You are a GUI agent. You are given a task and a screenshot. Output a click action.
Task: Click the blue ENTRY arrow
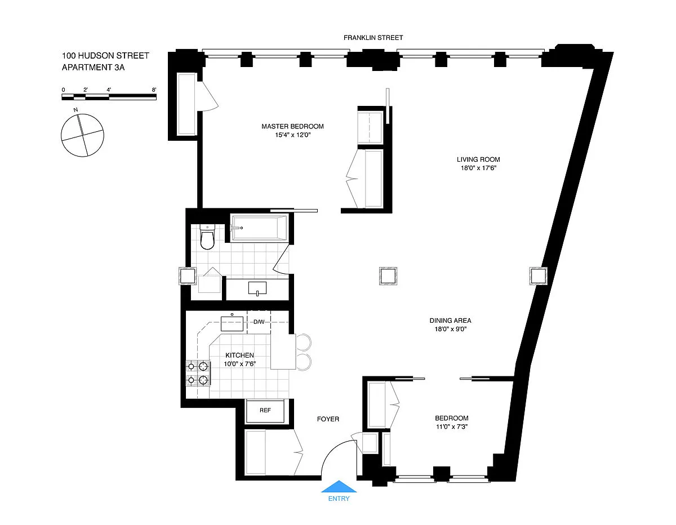tap(339, 487)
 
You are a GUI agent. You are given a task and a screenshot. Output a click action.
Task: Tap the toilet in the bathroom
tap(207, 237)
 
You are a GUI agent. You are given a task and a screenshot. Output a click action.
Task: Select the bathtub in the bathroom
tap(259, 228)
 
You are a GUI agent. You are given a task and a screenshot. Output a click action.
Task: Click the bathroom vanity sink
tap(257, 288)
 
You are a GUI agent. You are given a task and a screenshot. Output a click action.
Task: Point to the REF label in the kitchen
tap(265, 410)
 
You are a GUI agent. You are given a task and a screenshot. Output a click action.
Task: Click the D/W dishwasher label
tap(259, 322)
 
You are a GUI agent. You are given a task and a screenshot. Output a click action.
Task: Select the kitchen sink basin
tap(232, 323)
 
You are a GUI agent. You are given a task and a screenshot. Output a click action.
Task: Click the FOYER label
tap(328, 419)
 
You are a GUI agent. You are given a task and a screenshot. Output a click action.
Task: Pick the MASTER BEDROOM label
tap(292, 126)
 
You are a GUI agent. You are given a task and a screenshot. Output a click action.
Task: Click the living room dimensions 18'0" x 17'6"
tap(478, 168)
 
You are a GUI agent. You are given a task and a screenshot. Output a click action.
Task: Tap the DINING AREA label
tap(450, 321)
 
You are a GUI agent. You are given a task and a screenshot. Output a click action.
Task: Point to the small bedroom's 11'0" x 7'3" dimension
tap(452, 426)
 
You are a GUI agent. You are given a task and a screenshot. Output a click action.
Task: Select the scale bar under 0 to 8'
tap(109, 97)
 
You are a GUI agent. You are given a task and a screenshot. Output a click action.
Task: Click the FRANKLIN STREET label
tap(373, 38)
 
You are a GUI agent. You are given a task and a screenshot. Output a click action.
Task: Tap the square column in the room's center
tap(388, 276)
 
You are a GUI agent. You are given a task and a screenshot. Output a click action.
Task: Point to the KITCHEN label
tap(239, 355)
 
